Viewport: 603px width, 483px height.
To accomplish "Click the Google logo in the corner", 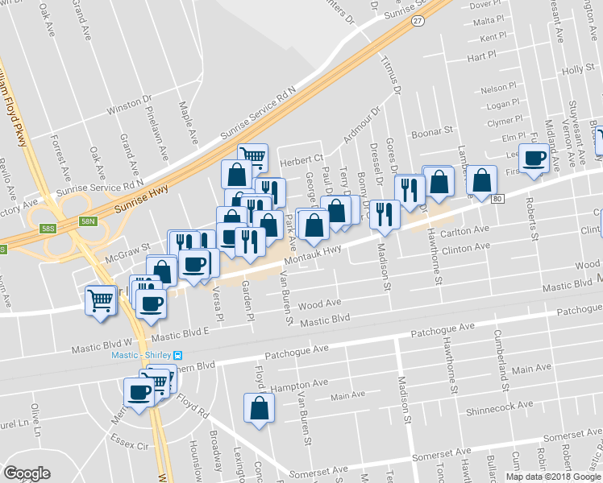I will (x=27, y=473).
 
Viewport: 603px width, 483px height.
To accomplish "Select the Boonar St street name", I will (x=433, y=131).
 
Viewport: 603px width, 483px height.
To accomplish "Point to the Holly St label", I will (x=577, y=70).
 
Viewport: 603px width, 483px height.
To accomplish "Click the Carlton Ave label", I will (x=466, y=229).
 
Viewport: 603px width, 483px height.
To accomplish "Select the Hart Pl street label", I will (x=480, y=56).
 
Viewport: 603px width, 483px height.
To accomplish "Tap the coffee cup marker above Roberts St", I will (x=534, y=158).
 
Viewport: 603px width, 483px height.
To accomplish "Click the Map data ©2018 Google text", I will (x=552, y=476).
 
